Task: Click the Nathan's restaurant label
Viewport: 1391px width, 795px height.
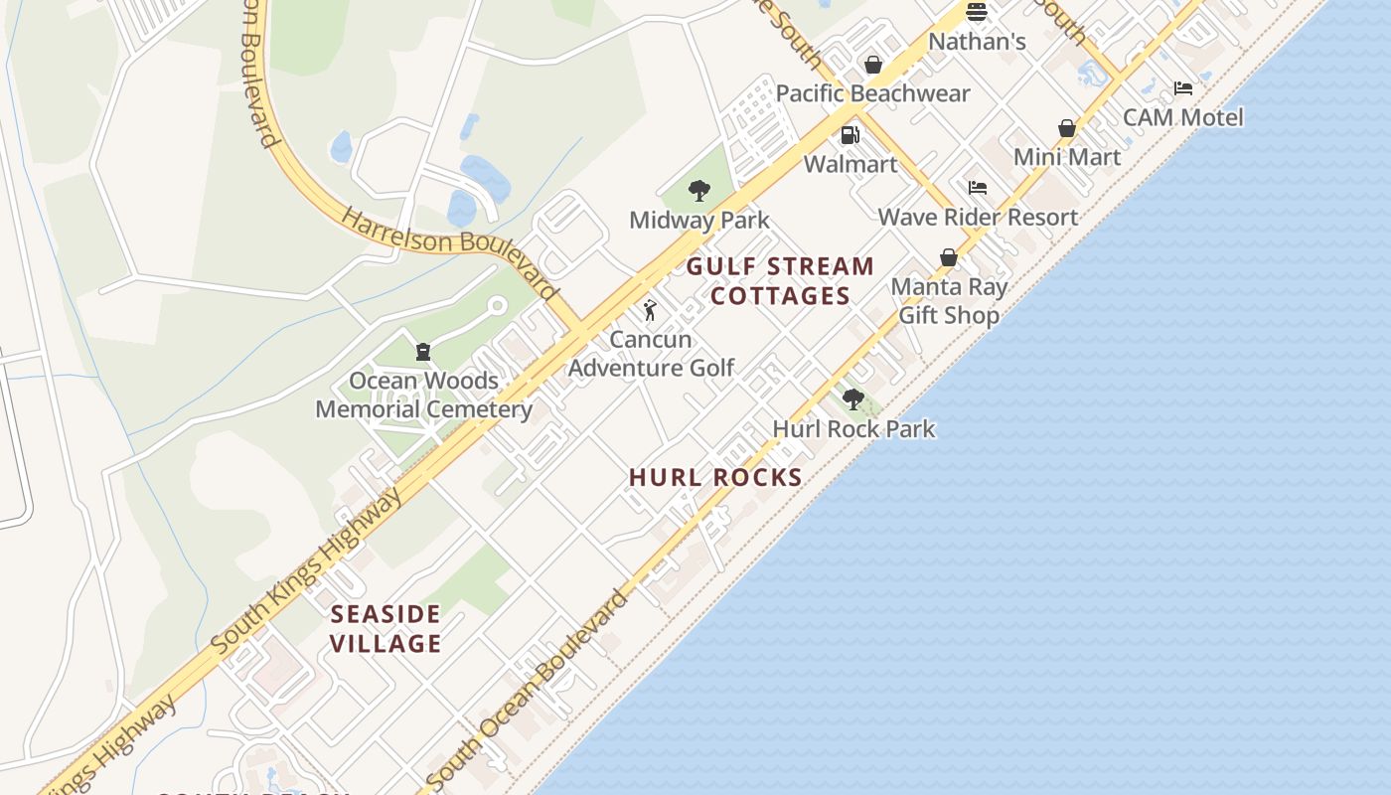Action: click(977, 42)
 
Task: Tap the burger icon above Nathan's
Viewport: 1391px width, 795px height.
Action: click(977, 13)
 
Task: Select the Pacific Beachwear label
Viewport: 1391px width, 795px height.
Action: click(872, 93)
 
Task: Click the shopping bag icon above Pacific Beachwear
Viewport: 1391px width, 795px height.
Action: click(873, 65)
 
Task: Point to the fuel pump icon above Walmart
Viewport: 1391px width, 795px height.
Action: click(850, 135)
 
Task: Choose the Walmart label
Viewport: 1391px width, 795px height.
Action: click(850, 164)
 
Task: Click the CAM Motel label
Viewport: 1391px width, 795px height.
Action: click(1182, 117)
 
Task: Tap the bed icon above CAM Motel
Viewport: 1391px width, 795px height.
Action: click(1182, 88)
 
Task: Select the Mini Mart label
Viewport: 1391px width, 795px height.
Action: click(1067, 157)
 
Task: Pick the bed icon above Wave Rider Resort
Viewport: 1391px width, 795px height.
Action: click(978, 188)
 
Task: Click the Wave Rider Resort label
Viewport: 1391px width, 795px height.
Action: click(978, 217)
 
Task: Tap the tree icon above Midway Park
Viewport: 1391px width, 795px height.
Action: click(699, 191)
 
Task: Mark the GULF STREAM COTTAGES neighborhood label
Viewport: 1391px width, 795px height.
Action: click(780, 280)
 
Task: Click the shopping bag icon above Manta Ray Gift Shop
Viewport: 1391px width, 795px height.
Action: click(949, 257)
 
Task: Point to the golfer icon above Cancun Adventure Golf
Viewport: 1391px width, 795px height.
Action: click(651, 310)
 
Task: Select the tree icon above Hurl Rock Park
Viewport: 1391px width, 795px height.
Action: click(853, 399)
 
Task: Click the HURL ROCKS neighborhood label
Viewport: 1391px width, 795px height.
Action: click(715, 478)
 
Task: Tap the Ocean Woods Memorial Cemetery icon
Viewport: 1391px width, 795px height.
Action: click(423, 352)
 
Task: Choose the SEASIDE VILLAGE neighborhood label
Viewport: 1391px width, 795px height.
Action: click(385, 628)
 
